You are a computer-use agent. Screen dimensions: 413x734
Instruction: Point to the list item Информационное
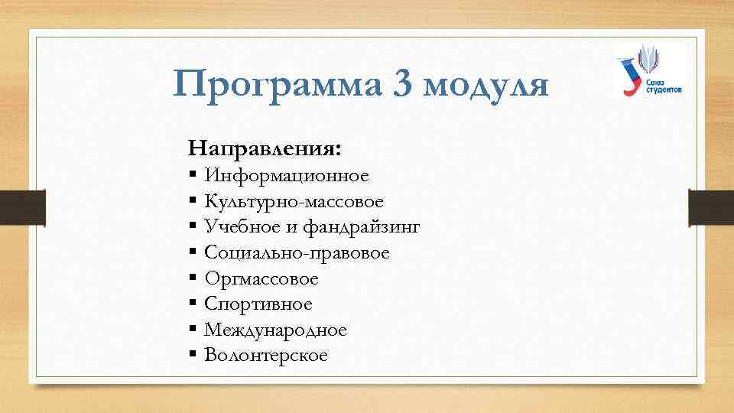tap(287, 177)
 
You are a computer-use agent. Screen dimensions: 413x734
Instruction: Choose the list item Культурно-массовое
tap(294, 203)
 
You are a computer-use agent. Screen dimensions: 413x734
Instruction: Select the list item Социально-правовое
tap(297, 254)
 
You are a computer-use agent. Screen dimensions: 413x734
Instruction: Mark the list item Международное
tap(276, 330)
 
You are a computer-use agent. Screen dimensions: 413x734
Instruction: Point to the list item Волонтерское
tap(266, 356)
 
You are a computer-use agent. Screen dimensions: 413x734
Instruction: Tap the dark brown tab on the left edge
tap(22, 206)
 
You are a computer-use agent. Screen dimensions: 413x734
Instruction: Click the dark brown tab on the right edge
tap(710, 206)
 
